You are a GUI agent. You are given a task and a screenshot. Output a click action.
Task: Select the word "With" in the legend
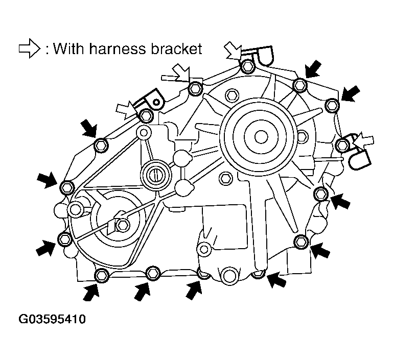[68, 49]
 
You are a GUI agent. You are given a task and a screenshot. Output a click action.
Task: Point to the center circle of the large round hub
[261, 136]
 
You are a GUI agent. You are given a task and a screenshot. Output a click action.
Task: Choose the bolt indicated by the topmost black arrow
[300, 84]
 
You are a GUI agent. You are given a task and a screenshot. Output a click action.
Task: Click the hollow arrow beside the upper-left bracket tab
[126, 109]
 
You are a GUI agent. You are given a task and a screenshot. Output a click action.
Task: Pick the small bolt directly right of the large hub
[302, 136]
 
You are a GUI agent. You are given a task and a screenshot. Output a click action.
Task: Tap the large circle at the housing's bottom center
[230, 276]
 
